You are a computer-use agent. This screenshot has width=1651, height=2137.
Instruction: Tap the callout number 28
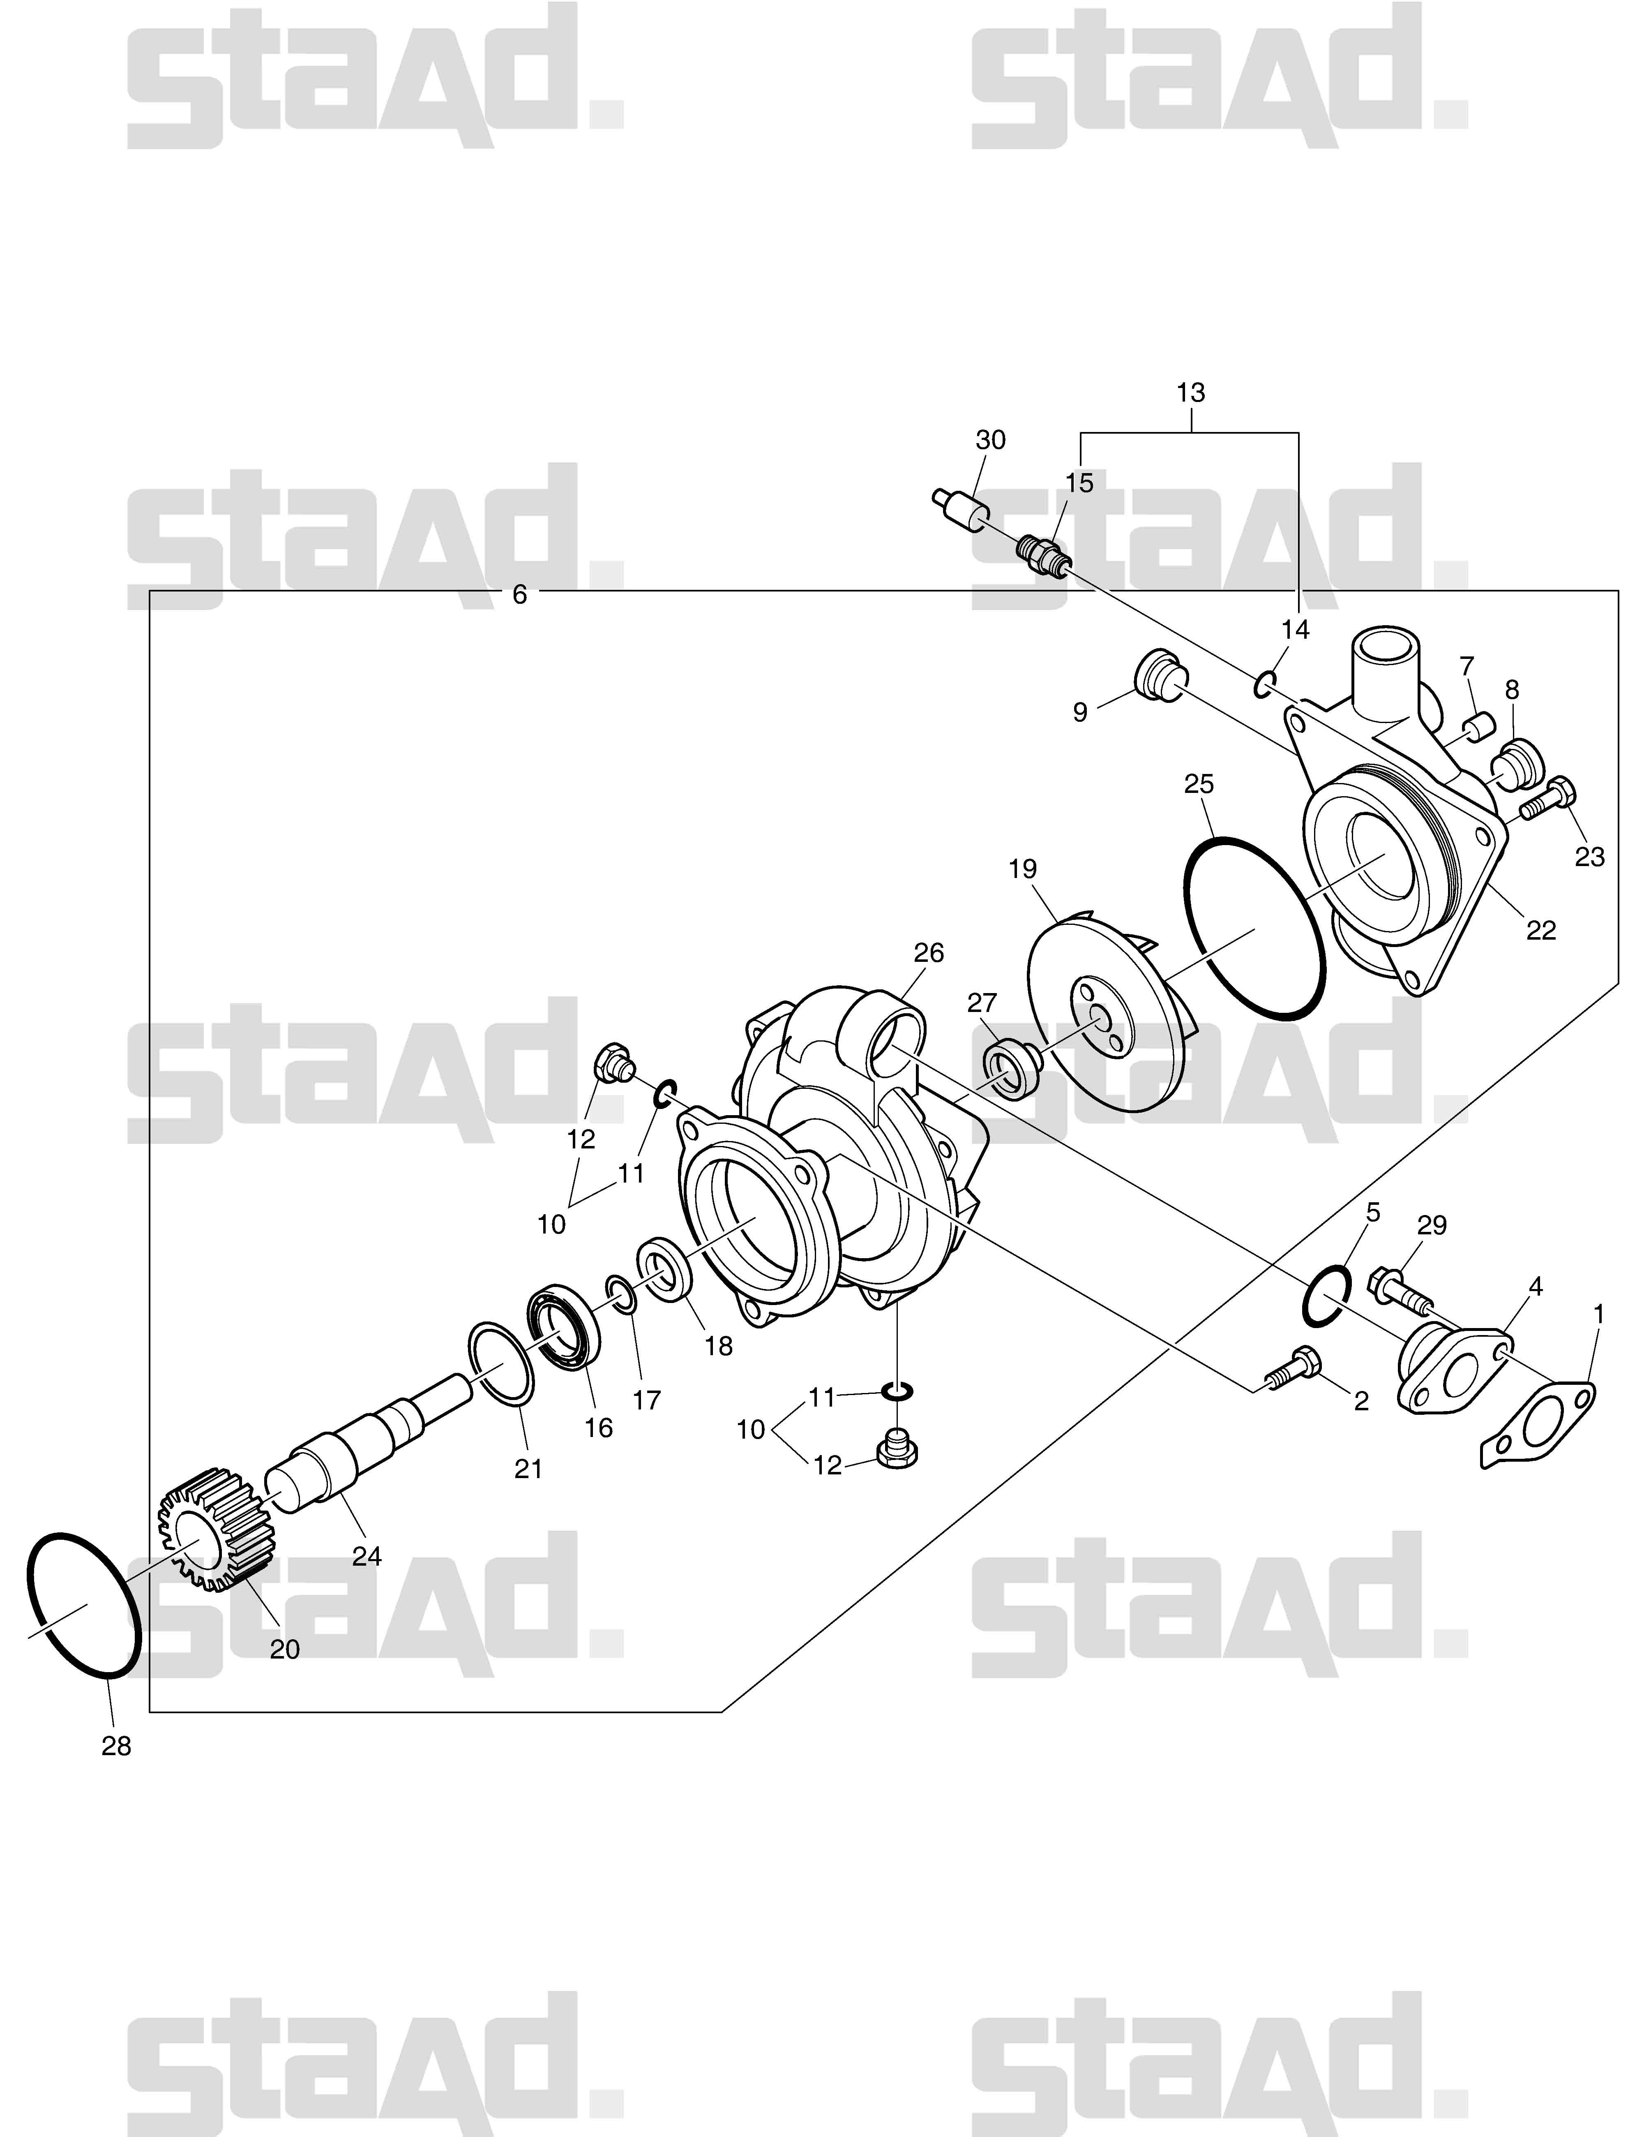point(116,1746)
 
